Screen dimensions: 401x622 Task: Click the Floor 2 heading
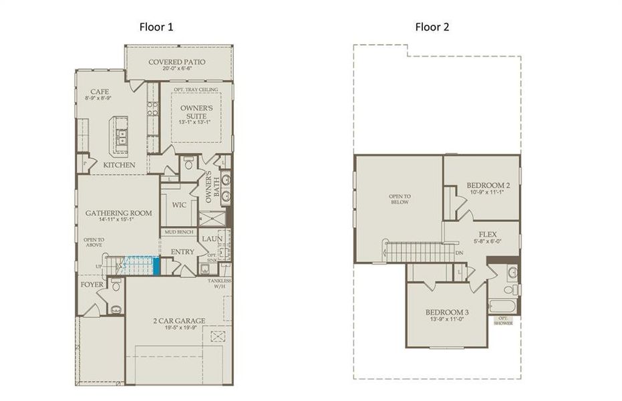tap(432, 27)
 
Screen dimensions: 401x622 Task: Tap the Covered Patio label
tap(176, 62)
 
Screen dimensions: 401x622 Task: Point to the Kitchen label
tap(119, 164)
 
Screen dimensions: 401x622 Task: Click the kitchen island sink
tap(122, 137)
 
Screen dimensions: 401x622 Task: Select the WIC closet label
tap(179, 205)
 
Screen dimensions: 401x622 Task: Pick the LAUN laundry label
tap(212, 237)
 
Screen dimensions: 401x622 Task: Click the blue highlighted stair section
tap(156, 266)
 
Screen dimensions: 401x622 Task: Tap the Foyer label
tap(92, 284)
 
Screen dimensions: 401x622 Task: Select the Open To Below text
tap(399, 199)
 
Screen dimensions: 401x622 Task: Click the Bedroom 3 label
tap(448, 313)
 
